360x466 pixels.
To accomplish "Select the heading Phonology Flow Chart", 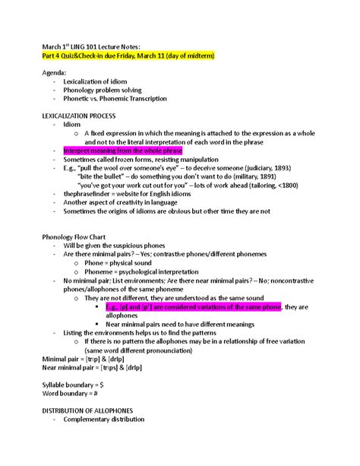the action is pos(76,237).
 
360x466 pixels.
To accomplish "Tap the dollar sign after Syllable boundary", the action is pos(103,385).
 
